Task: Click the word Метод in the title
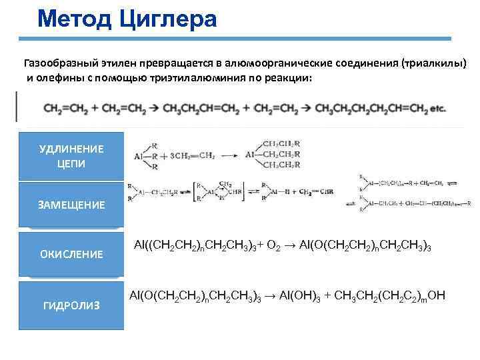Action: (75, 19)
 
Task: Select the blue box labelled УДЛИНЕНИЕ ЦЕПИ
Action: (71, 155)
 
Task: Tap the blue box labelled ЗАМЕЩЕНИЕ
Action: (71, 205)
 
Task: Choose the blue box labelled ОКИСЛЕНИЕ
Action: (71, 254)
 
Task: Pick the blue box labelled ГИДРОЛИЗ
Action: (71, 305)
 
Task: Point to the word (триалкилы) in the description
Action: (434, 64)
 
